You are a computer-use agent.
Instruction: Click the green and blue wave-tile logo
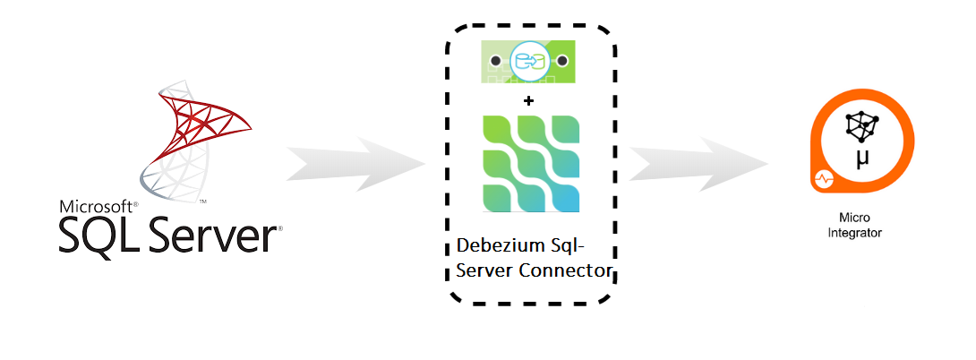528,162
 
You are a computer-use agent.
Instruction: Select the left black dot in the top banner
495,61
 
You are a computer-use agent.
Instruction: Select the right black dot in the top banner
562,61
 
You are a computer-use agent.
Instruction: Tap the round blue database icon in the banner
528,61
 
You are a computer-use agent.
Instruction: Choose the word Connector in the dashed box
563,271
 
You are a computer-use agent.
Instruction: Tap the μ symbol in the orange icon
862,158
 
